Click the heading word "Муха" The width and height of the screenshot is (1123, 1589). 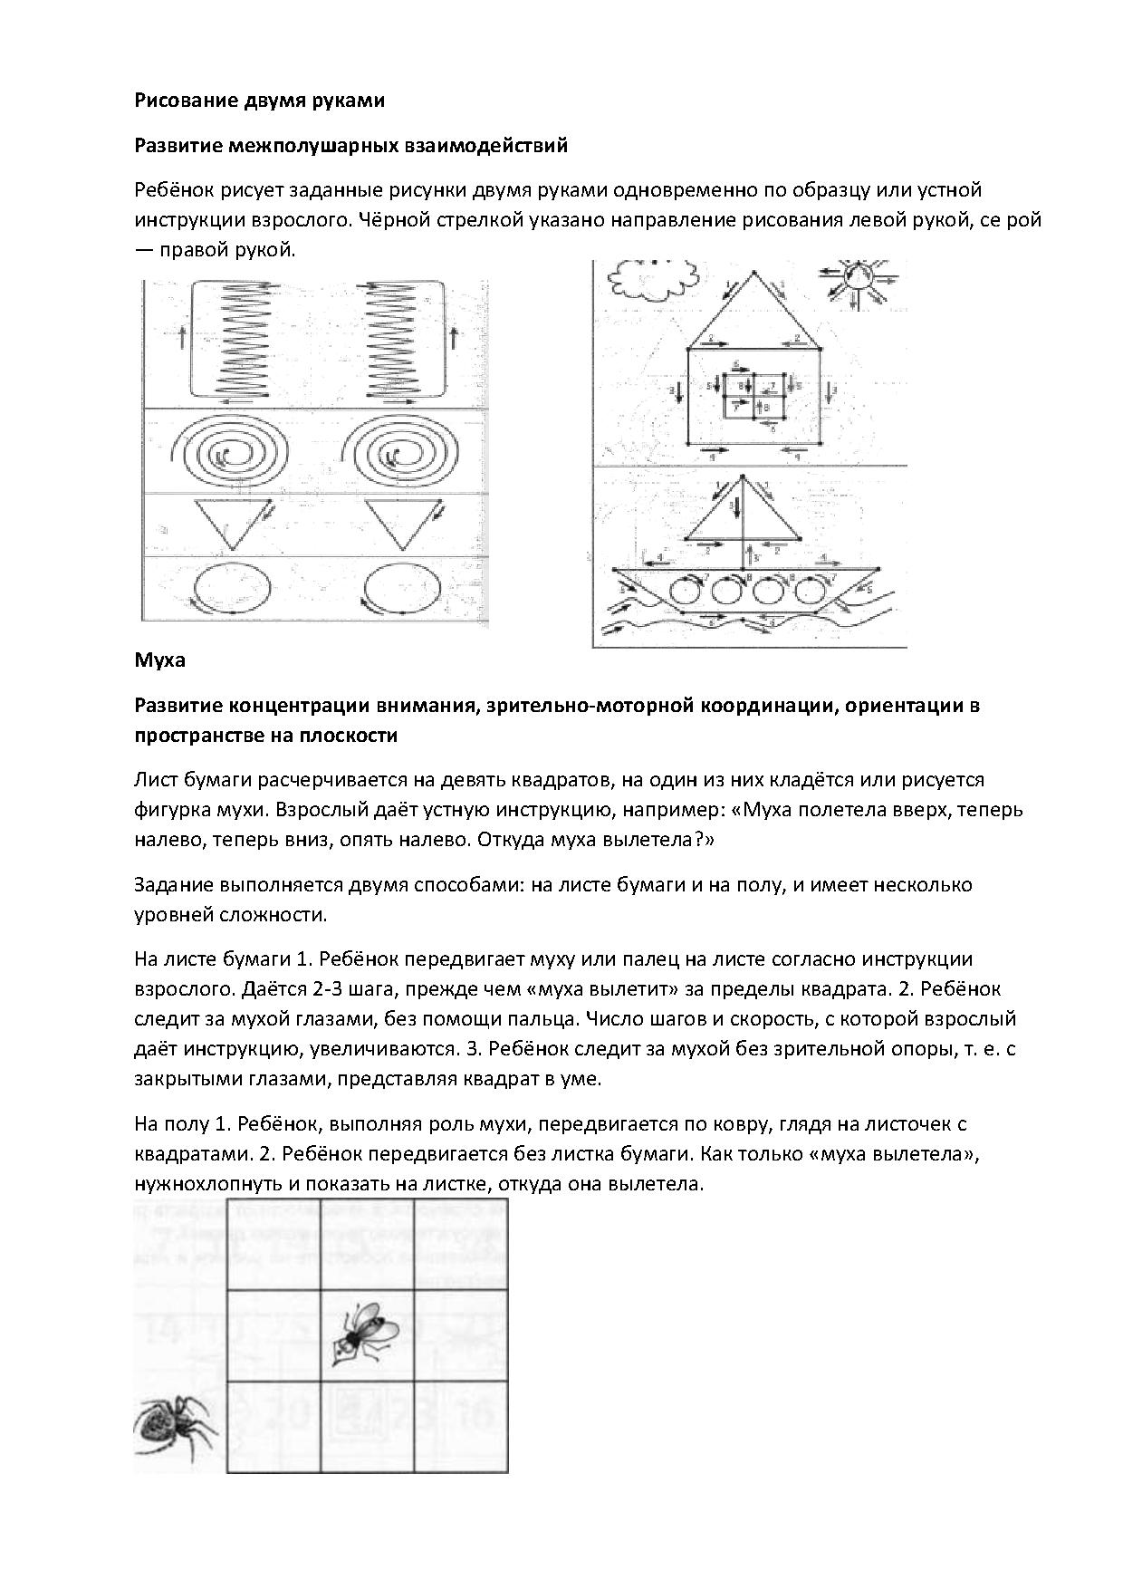tap(159, 660)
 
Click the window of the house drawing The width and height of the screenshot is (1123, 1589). tap(754, 396)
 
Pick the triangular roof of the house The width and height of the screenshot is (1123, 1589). tap(753, 313)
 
